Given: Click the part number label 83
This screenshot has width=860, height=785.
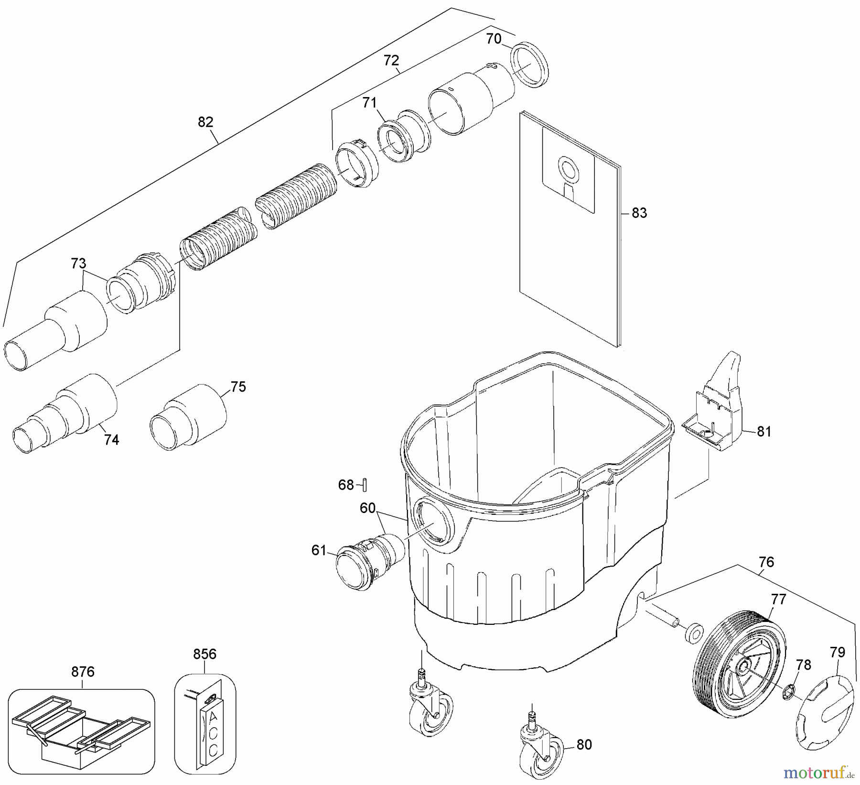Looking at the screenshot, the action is pos(639,213).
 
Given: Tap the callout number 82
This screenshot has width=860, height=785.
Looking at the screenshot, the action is pos(205,122).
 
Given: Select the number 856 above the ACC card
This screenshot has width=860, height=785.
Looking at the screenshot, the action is pos(205,654).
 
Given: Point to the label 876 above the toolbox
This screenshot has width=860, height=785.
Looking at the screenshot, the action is pos(83,672).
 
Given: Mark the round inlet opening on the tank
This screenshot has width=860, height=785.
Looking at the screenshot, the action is pos(432,523).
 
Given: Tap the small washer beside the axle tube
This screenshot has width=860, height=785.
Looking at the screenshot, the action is pos(693,633).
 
